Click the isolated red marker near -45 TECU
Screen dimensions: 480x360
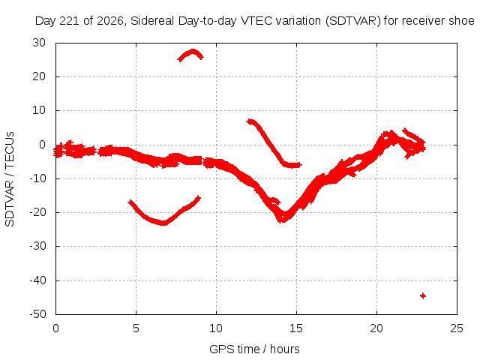coord(423,295)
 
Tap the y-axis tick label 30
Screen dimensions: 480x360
coord(39,43)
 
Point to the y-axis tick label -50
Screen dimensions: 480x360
coord(37,314)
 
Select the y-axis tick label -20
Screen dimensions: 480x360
coord(37,212)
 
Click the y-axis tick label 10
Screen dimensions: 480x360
coord(39,110)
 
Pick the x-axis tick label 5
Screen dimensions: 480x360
coord(136,328)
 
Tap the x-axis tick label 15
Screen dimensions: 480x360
coord(296,328)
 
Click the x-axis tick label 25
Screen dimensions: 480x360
coord(457,328)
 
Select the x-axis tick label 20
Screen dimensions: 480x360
coord(376,328)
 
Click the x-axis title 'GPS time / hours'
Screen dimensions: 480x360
coord(254,349)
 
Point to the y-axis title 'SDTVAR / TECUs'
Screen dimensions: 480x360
coord(10,179)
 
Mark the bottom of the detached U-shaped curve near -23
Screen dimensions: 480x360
coord(163,223)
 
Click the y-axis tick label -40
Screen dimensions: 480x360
coord(37,280)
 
